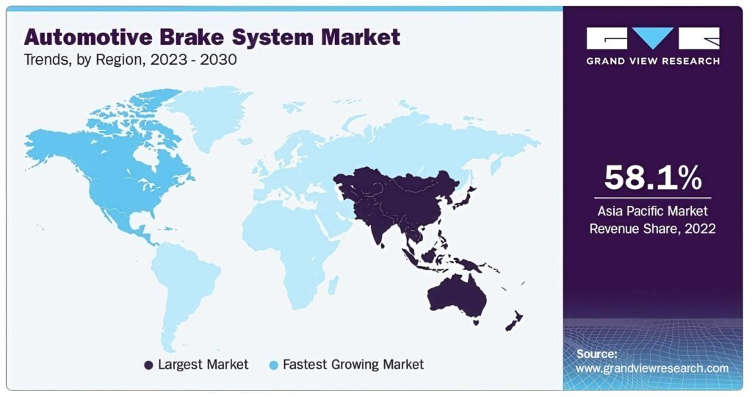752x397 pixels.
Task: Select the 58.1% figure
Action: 653,177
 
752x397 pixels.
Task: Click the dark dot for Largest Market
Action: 148,365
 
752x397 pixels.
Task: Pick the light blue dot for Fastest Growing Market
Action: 274,365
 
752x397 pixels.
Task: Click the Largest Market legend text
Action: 203,365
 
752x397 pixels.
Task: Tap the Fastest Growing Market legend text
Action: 353,365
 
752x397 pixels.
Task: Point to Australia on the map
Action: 458,296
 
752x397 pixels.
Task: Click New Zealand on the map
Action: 514,321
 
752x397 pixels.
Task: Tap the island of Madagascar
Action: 332,285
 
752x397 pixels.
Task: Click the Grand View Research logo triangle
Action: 653,37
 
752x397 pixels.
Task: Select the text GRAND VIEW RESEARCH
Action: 653,61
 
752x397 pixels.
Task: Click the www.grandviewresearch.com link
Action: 652,368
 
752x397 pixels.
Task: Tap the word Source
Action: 596,354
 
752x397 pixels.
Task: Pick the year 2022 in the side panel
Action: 700,229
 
